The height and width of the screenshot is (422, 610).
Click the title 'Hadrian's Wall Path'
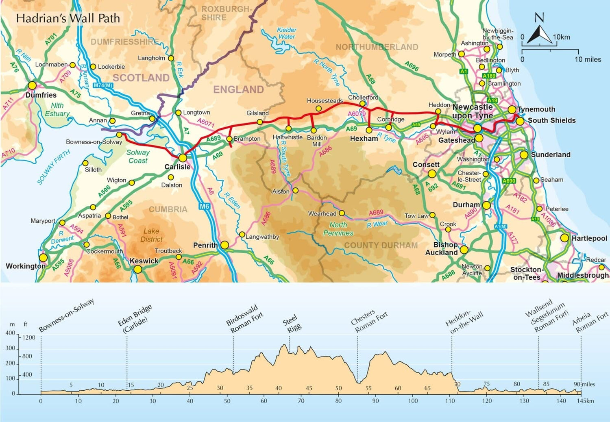[68, 18]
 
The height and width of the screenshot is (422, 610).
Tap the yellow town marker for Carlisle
[183, 158]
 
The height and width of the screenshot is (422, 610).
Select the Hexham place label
[364, 139]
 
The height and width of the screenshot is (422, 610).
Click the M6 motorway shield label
[205, 207]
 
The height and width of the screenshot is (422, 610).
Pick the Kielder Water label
[287, 33]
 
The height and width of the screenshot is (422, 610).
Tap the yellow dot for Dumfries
[32, 86]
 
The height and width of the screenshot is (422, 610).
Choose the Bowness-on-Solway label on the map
[94, 142]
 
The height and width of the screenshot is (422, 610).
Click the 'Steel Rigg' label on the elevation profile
[292, 324]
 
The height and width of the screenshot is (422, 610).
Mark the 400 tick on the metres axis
[10, 333]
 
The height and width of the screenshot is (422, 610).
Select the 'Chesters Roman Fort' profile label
[369, 322]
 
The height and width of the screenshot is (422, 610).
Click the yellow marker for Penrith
[224, 245]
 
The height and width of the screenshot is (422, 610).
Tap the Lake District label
[151, 235]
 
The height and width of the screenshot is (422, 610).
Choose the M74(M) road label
[102, 85]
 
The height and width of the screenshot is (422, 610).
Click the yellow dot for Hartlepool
[564, 238]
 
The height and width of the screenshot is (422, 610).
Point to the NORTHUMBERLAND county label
[377, 47]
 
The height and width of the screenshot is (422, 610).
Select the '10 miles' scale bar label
[588, 59]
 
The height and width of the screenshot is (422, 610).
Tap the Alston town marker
[295, 190]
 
